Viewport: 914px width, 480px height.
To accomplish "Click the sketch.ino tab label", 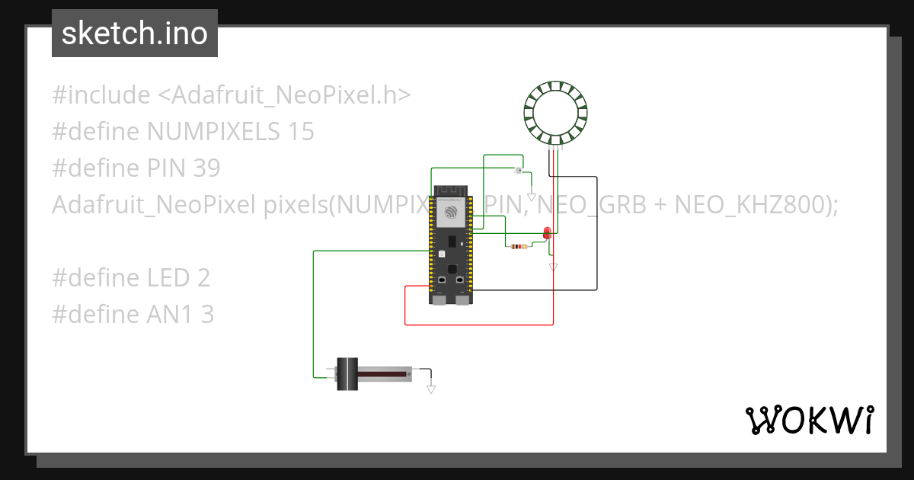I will pyautogui.click(x=134, y=34).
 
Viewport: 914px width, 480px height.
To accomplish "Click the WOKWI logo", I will pyautogui.click(x=808, y=420).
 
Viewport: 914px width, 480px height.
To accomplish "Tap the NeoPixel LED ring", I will pyautogui.click(x=556, y=114).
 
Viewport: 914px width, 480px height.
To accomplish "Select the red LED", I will pyautogui.click(x=547, y=233).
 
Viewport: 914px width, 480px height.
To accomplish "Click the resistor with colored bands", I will pyautogui.click(x=519, y=246).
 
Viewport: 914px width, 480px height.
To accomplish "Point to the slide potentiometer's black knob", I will pyautogui.click(x=348, y=374).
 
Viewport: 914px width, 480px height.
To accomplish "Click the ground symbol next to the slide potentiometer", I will pyautogui.click(x=431, y=389).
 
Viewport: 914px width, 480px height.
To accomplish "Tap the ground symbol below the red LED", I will pyautogui.click(x=554, y=267).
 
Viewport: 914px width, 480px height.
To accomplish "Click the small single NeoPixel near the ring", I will pyautogui.click(x=518, y=170).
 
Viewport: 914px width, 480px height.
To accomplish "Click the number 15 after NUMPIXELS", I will pyautogui.click(x=301, y=132).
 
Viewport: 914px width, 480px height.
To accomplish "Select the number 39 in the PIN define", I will pyautogui.click(x=206, y=168).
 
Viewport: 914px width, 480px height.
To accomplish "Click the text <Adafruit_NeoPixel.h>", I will pyautogui.click(x=284, y=95).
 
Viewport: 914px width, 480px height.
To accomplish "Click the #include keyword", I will pyautogui.click(x=101, y=95).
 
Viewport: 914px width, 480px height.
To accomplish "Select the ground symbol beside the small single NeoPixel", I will pyautogui.click(x=532, y=197).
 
